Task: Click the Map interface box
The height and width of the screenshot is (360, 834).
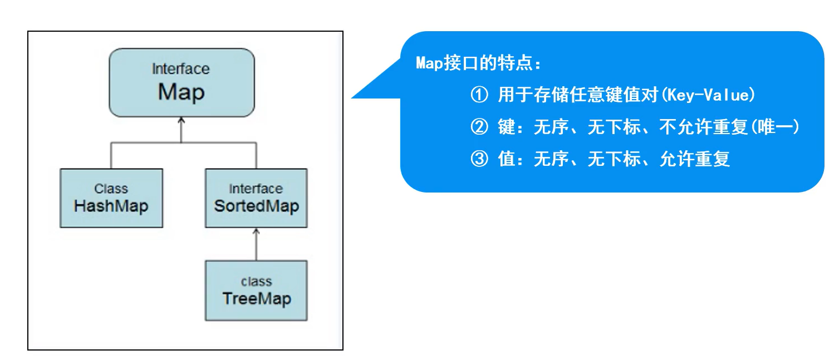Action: tap(181, 82)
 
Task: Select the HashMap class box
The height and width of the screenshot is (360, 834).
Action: tap(111, 198)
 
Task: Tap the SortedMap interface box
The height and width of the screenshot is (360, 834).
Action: tap(256, 198)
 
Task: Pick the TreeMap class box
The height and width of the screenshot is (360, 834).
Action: tap(256, 290)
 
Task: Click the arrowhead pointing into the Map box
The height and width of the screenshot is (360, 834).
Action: tap(181, 121)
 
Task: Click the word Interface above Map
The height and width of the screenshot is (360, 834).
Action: tap(181, 69)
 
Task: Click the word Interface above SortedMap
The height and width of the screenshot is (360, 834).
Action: tap(256, 189)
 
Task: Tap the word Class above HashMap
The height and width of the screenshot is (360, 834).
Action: tap(111, 189)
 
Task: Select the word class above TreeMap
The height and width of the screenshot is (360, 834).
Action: tap(256, 281)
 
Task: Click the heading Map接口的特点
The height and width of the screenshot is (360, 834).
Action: tap(478, 63)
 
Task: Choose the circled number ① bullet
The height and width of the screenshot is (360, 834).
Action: tap(479, 95)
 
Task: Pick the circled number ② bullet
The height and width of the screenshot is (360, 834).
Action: tap(479, 127)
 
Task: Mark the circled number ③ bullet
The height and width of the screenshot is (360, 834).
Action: tap(479, 160)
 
